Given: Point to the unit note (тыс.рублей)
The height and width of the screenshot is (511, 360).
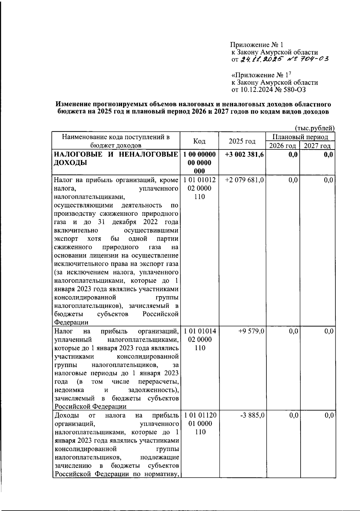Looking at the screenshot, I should (x=315, y=128).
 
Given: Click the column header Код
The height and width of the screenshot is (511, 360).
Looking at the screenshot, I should (x=199, y=141).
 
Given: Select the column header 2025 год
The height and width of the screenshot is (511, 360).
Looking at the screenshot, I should (x=242, y=141).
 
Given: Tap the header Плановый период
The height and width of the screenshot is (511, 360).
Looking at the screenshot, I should (x=300, y=137).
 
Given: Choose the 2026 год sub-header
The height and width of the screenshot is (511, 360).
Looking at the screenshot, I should (x=283, y=146).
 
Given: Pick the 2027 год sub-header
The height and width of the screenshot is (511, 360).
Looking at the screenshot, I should (x=317, y=146).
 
